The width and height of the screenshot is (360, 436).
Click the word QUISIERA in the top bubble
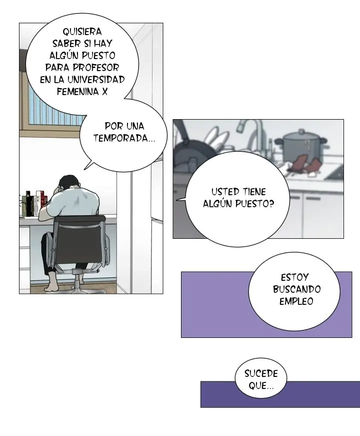(x=82, y=32)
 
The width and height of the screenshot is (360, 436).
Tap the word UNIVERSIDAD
(x=96, y=80)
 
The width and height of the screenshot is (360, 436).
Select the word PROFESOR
(x=96, y=68)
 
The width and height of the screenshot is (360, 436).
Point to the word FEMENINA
(x=78, y=92)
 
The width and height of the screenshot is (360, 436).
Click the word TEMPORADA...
(x=124, y=138)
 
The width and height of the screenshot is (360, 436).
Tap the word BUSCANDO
(x=296, y=289)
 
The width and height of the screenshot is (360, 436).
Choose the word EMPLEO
(x=296, y=301)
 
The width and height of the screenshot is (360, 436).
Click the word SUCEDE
(x=261, y=373)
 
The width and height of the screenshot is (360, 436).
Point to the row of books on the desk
(x=34, y=203)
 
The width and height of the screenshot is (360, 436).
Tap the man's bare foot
(x=52, y=287)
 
